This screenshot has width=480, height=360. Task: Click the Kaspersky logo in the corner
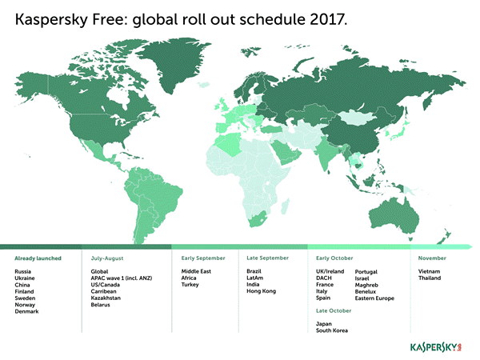pyautogui.click(x=435, y=348)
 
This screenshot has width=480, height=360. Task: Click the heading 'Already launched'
pyautogui.click(x=38, y=258)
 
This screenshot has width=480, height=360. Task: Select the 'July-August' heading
pyautogui.click(x=106, y=258)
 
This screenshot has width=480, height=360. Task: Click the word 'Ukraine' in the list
pyautogui.click(x=25, y=278)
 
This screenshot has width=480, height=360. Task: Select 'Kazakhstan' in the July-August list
pyautogui.click(x=107, y=298)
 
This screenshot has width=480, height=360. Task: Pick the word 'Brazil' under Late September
pyautogui.click(x=255, y=272)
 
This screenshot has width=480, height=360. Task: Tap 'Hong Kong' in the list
pyautogui.click(x=262, y=291)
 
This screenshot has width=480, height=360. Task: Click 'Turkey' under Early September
pyautogui.click(x=190, y=285)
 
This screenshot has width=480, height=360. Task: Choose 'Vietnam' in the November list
pyautogui.click(x=429, y=272)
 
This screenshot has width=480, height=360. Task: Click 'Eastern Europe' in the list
pyautogui.click(x=374, y=298)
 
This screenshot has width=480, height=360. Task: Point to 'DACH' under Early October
pyautogui.click(x=324, y=278)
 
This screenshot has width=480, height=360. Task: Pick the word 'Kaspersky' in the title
pyautogui.click(x=50, y=18)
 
